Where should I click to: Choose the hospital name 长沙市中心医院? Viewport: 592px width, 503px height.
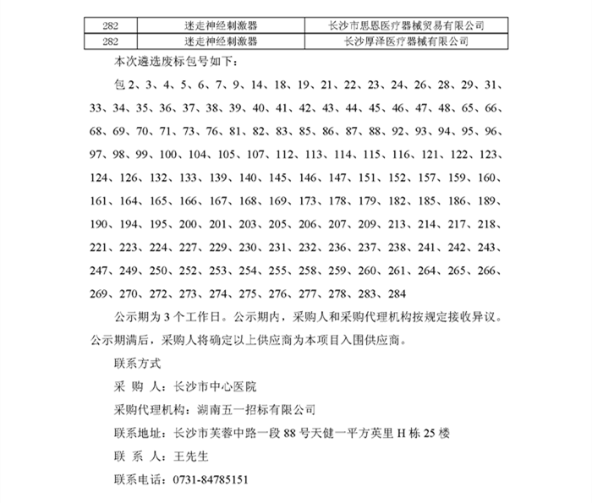pos(214,386)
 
